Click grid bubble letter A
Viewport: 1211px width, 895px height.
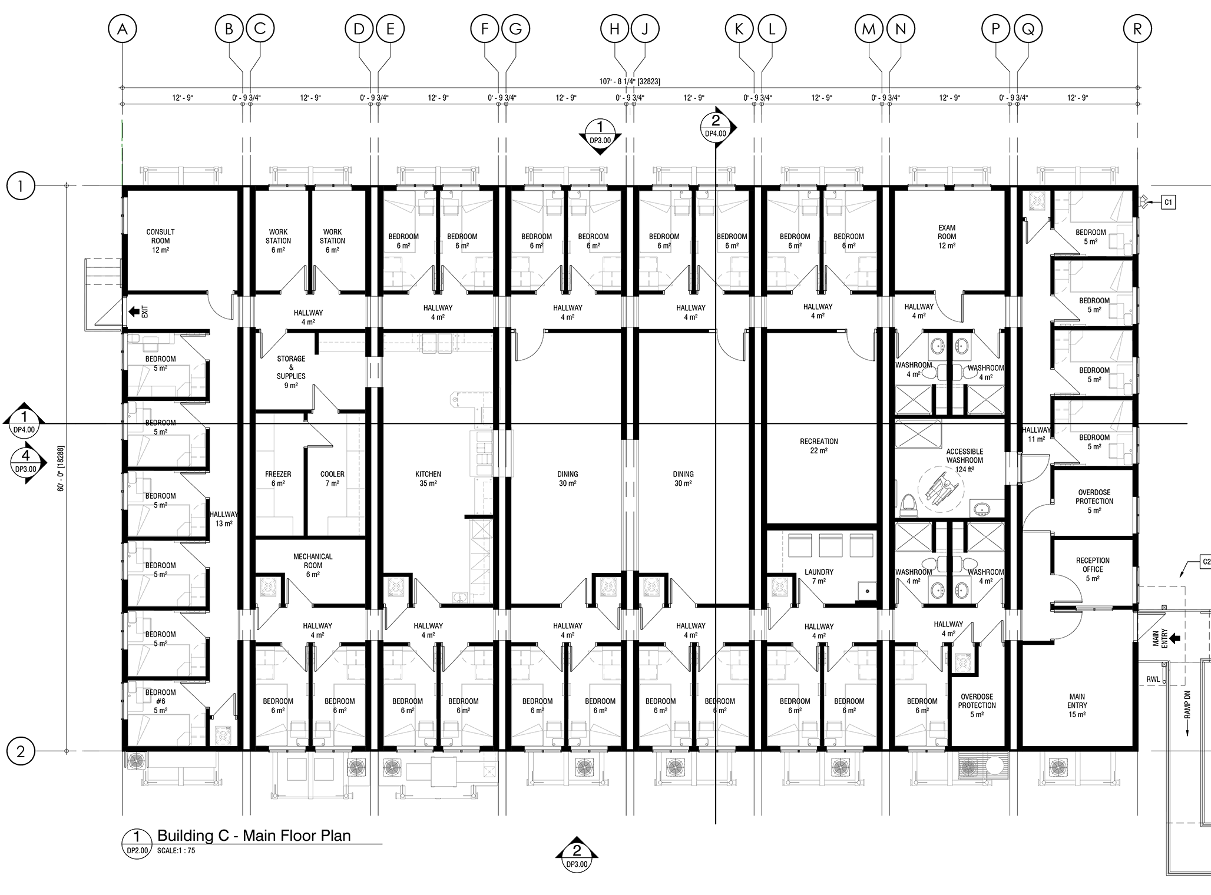click(x=123, y=29)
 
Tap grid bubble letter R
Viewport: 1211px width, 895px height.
click(x=1137, y=29)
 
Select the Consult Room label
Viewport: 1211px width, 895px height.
click(x=160, y=240)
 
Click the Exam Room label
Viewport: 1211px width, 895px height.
click(x=947, y=236)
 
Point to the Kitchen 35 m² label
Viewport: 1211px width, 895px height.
click(x=428, y=478)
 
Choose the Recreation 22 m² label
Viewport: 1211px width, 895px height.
click(x=819, y=446)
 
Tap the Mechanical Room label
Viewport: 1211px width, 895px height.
click(x=313, y=565)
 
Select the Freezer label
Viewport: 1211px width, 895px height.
click(x=278, y=478)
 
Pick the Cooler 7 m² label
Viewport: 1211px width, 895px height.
click(x=332, y=478)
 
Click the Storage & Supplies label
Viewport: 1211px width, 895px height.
click(x=291, y=372)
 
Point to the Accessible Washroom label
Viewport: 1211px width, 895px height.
click(x=965, y=460)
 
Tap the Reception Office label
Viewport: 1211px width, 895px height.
click(x=1093, y=569)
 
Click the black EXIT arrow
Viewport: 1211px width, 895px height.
click(x=135, y=310)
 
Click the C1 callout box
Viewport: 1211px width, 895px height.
click(x=1169, y=203)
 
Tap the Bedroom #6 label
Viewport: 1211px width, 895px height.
click(x=160, y=701)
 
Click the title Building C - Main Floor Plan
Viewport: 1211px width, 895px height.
click(x=254, y=835)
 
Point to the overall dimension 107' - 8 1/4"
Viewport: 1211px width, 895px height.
click(x=629, y=81)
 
